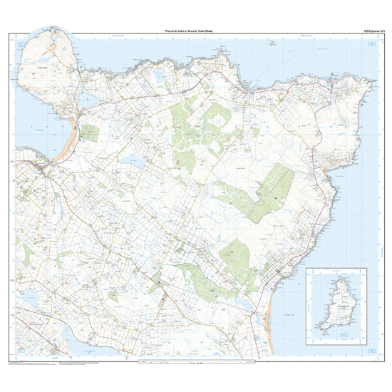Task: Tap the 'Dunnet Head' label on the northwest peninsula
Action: coord(41,68)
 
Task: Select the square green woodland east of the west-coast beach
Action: coord(90,133)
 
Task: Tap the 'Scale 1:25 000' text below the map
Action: coord(194,361)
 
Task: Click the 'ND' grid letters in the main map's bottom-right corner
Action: coord(371,351)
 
